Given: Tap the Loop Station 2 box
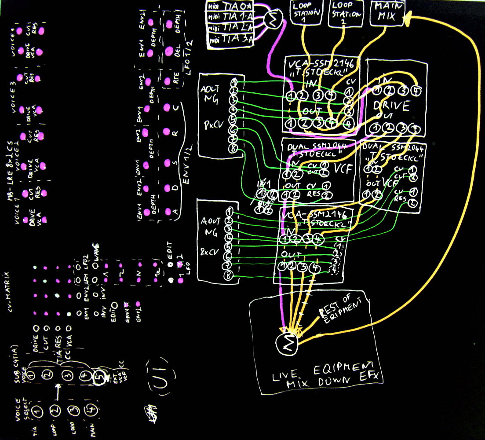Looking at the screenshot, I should [346, 12].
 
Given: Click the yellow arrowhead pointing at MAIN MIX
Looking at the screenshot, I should [408, 18].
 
